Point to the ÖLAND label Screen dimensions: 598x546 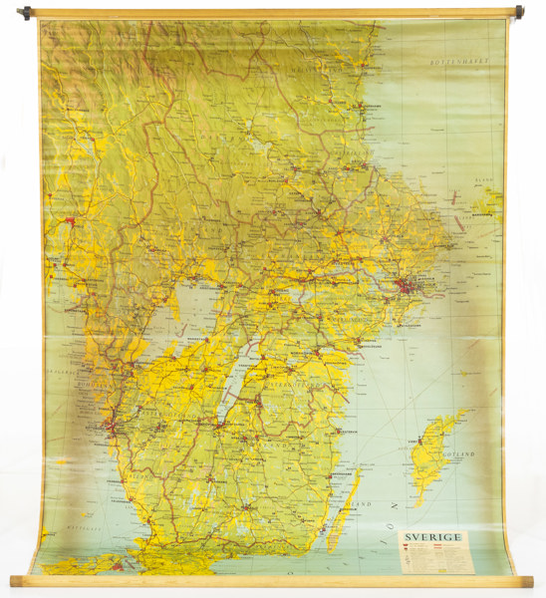coord(357,504)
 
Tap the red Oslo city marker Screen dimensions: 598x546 coord(70,220)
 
